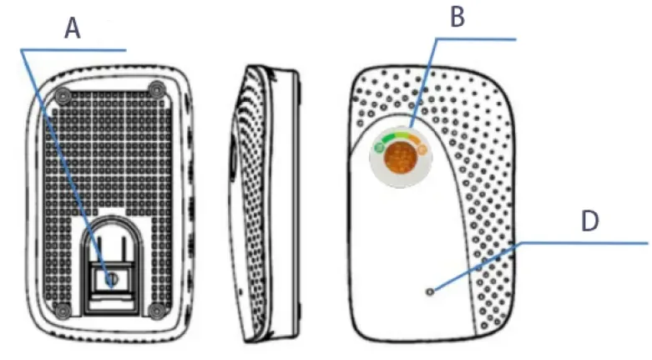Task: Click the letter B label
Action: (457, 18)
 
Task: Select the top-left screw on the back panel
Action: (64, 94)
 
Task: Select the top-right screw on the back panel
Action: (155, 89)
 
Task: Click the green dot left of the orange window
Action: (379, 148)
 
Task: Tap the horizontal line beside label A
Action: (75, 50)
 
